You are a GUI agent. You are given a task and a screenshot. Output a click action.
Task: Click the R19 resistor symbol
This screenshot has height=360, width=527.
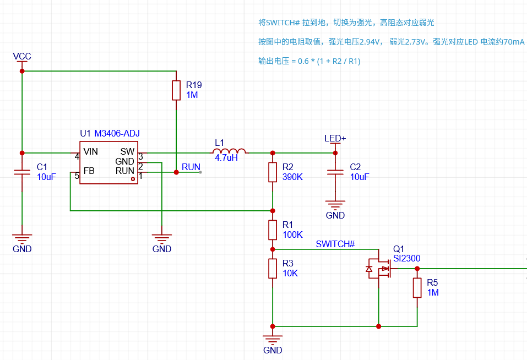(176, 90)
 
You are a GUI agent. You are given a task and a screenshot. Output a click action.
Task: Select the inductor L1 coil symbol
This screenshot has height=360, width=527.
(229, 151)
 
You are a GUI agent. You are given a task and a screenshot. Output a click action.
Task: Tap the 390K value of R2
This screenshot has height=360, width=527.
(292, 177)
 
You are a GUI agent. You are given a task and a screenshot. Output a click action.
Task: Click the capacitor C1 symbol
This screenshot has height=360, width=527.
(22, 172)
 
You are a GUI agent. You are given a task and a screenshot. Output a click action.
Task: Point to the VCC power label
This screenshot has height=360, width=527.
(22, 56)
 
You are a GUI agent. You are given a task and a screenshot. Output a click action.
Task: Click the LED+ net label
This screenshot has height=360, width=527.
(335, 138)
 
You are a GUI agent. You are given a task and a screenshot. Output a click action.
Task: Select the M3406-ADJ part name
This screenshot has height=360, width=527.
(117, 134)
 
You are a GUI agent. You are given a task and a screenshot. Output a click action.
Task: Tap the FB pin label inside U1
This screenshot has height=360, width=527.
(89, 171)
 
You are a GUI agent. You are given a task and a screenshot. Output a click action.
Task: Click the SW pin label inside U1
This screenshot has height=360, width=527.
(127, 152)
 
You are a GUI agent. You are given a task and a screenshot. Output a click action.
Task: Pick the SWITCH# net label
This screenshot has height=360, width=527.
(335, 244)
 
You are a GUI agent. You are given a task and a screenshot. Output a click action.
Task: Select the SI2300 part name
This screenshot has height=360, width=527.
(407, 259)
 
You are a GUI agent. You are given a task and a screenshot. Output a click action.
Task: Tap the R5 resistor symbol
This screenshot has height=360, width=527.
(417, 288)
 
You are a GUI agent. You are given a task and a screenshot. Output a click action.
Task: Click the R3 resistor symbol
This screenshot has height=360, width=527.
(273, 268)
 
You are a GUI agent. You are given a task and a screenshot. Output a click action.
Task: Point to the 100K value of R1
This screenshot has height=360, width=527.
(292, 234)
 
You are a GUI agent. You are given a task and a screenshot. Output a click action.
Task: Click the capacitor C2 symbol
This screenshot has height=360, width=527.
(335, 172)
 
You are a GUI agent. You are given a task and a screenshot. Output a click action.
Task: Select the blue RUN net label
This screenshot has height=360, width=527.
(191, 167)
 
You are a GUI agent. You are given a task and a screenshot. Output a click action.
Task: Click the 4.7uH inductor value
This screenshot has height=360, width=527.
(226, 158)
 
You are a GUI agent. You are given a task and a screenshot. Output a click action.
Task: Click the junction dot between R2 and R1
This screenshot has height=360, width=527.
(273, 211)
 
